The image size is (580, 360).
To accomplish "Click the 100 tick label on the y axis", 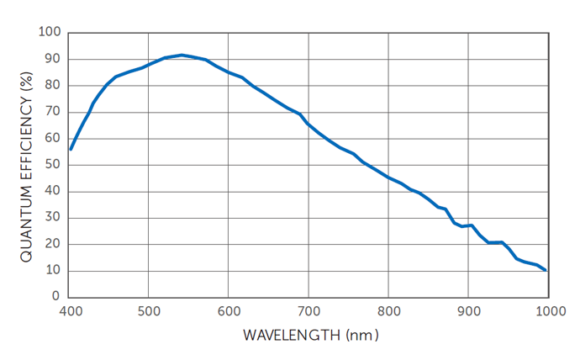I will click(x=50, y=33).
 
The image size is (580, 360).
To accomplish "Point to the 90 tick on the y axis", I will click(x=53, y=59).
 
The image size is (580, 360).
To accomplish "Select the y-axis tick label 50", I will click(x=53, y=165).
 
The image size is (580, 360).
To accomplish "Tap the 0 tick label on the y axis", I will click(x=56, y=297).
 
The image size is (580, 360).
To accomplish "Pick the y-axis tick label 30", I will click(x=53, y=218).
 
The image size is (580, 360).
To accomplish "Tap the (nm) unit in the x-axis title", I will click(x=362, y=335).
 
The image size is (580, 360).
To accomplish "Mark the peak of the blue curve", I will click(x=182, y=56).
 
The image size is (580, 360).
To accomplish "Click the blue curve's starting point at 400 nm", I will click(x=71, y=149).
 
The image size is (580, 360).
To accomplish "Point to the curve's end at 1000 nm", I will click(x=546, y=270).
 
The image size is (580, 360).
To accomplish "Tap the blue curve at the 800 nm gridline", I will click(x=388, y=177).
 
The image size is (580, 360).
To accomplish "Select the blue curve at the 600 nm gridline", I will click(x=229, y=72).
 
